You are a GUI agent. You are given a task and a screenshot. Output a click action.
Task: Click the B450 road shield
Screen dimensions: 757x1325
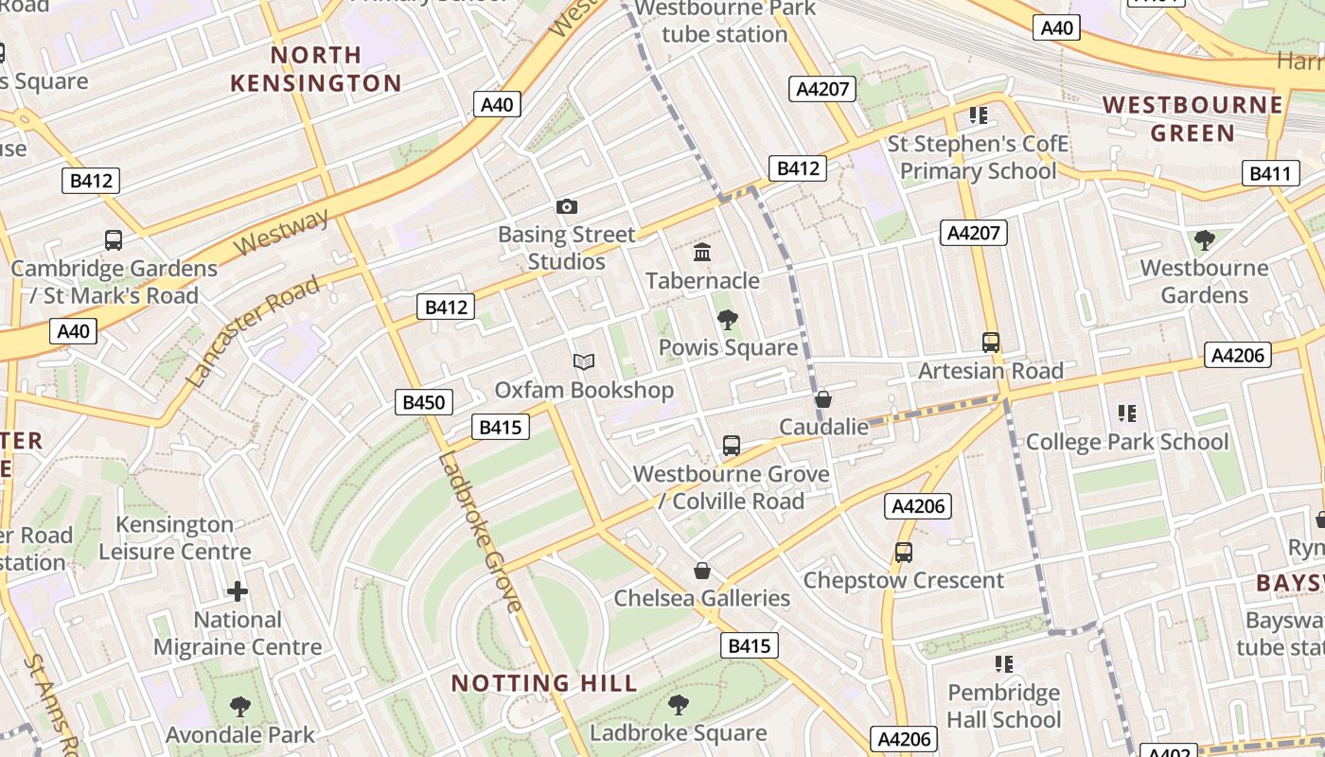tap(423, 402)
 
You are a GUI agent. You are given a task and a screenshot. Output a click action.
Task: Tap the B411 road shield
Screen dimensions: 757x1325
tap(1270, 174)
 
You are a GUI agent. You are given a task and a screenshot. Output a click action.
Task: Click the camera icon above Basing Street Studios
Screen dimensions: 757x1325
tap(566, 206)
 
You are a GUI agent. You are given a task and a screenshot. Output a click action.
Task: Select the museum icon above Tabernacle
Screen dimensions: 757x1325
tap(702, 253)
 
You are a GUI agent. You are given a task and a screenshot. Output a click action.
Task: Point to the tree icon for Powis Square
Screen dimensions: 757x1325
tap(727, 320)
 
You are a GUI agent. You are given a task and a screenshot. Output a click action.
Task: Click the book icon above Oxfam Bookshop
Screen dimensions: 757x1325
tap(584, 362)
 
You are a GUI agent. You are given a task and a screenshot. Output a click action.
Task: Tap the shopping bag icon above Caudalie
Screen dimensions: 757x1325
tap(823, 399)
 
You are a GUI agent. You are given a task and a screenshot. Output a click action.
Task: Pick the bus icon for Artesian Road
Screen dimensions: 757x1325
tap(991, 343)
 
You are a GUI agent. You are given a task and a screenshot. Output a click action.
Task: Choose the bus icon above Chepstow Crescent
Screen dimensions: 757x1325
tap(904, 553)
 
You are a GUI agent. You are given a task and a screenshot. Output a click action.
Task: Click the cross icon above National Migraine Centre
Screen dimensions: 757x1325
tap(238, 592)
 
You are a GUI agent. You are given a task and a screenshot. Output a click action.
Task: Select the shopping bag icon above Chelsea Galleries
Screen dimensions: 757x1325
tap(702, 571)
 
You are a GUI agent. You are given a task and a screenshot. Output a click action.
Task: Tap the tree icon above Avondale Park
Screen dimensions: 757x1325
tap(239, 706)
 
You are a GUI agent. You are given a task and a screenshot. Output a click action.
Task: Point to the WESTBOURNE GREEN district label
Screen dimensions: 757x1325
tap(1192, 118)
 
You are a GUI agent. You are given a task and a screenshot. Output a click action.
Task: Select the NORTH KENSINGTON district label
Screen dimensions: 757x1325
tap(316, 69)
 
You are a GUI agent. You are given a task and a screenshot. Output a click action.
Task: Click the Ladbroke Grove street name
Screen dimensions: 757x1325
tap(479, 532)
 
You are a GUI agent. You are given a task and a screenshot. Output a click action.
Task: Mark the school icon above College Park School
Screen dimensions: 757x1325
tap(1126, 414)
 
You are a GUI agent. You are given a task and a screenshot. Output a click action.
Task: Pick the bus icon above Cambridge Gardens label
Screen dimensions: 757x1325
tap(114, 240)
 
